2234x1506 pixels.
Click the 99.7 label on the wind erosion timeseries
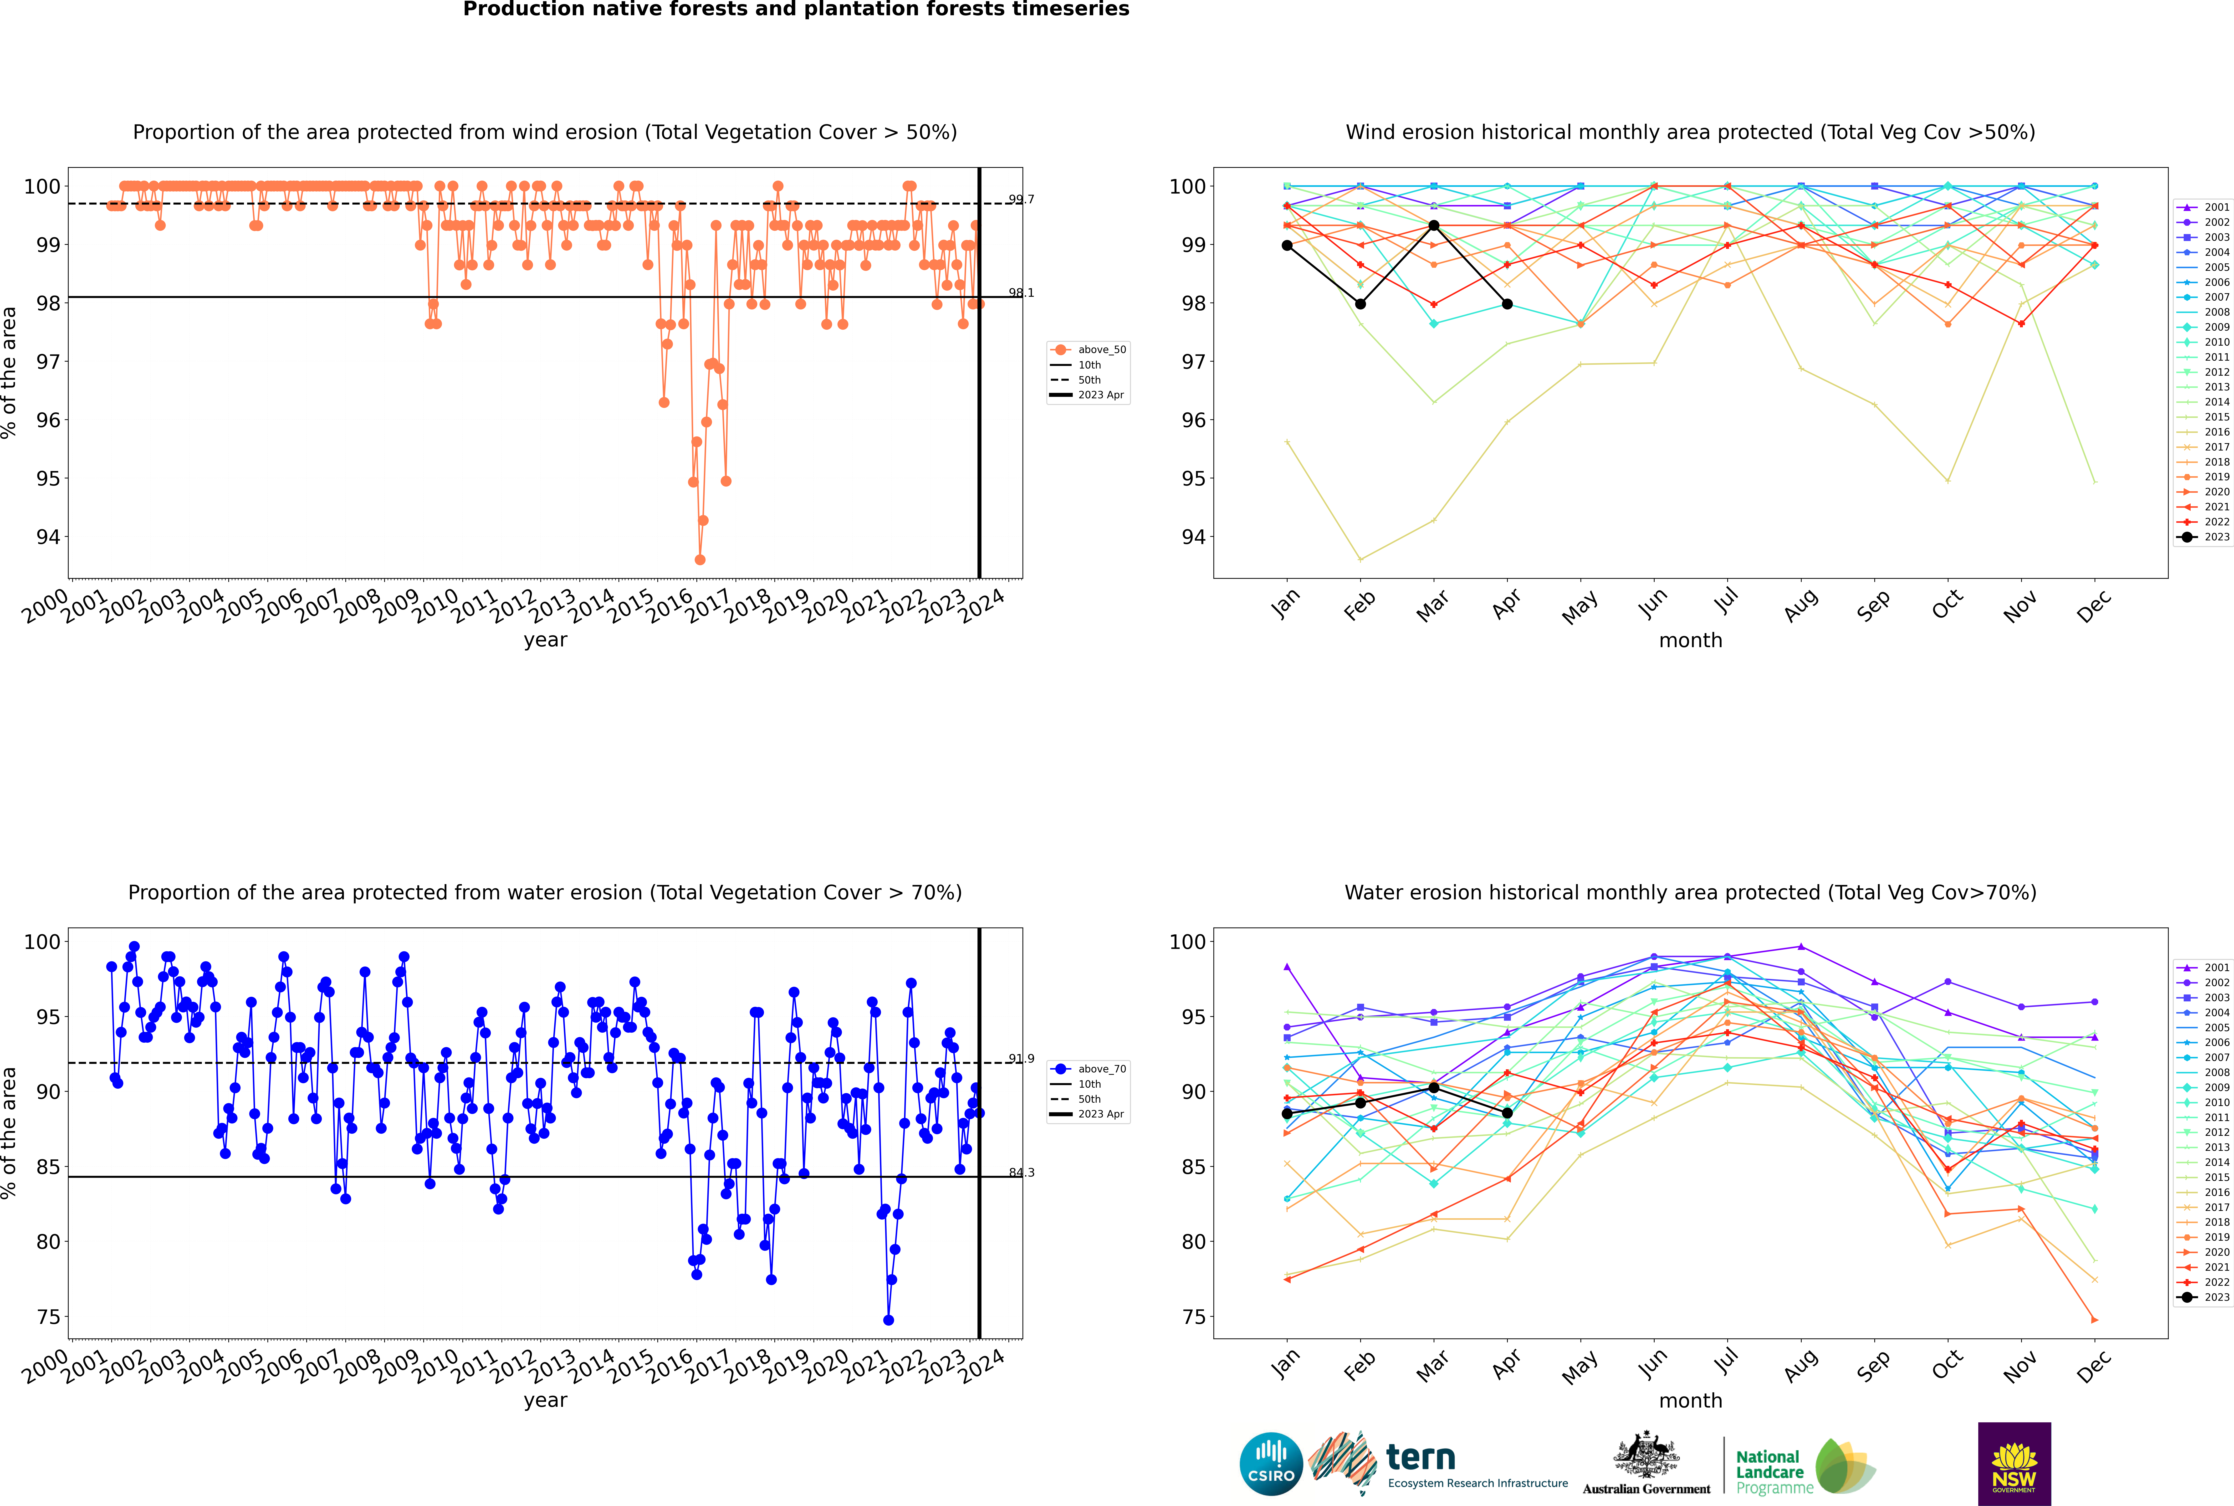coord(1021,200)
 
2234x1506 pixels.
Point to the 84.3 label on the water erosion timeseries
coord(1021,1173)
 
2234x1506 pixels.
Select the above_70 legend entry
coord(1088,1069)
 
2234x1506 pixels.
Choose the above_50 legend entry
coord(1088,350)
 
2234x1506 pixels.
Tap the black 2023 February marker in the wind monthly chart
coord(1360,304)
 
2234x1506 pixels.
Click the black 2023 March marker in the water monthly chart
coord(1434,1087)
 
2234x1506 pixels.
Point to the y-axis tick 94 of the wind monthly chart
coord(1193,537)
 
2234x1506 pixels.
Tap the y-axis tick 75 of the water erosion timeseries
coord(48,1317)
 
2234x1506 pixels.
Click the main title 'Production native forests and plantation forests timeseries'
coord(796,10)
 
